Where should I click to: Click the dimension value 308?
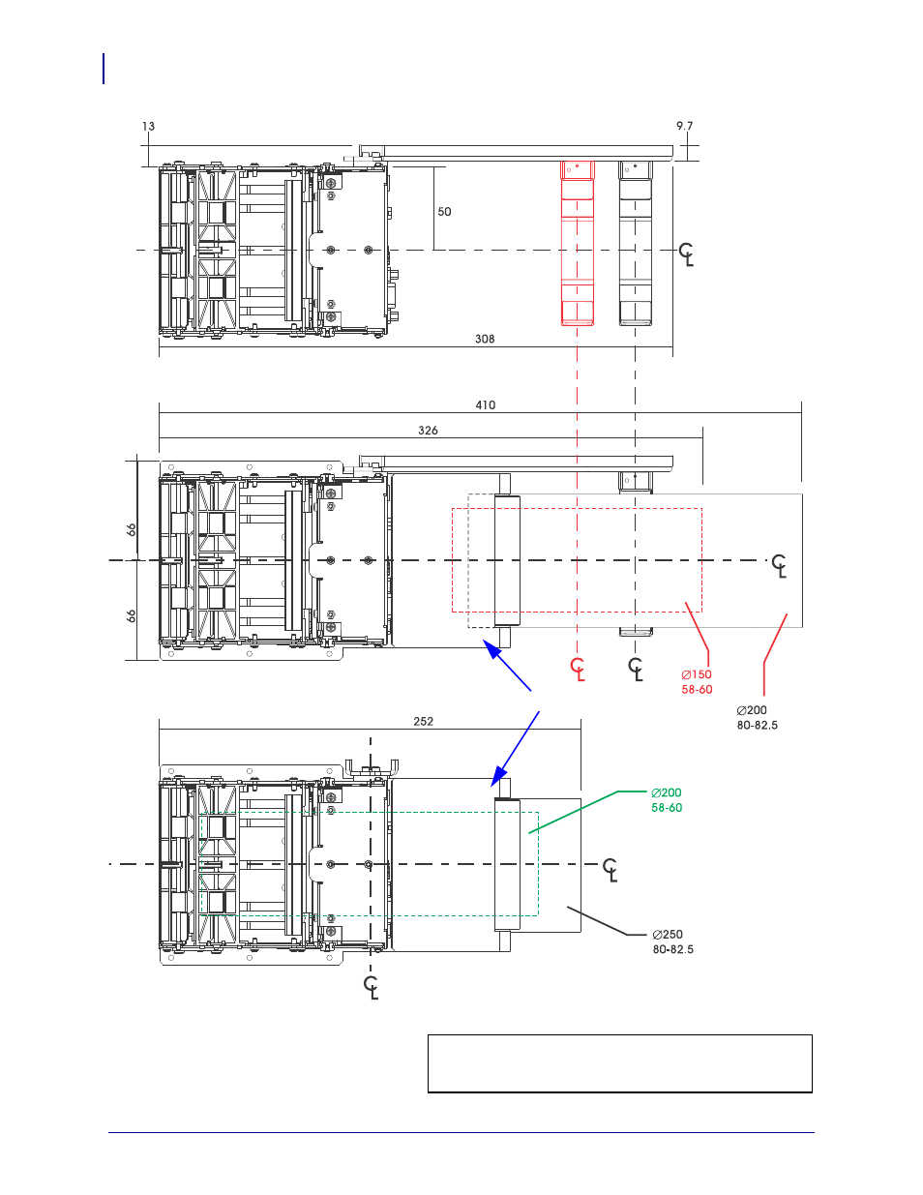click(x=485, y=339)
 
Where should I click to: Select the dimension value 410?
click(x=485, y=405)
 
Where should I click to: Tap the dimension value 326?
click(x=428, y=431)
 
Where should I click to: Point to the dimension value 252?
click(x=424, y=722)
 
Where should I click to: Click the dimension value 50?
click(x=444, y=212)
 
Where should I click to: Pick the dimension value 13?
click(x=148, y=127)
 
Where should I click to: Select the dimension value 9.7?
click(x=684, y=126)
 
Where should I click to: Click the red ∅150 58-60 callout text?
click(x=697, y=682)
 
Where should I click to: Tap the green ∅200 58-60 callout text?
click(x=667, y=800)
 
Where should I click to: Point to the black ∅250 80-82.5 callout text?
click(x=672, y=942)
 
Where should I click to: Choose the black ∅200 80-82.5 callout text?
click(x=757, y=718)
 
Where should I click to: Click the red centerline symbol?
click(x=578, y=670)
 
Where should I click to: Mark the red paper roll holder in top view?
click(x=578, y=243)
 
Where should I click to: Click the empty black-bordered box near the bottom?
click(x=619, y=1063)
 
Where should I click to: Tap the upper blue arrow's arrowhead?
click(x=491, y=649)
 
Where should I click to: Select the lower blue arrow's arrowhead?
click(x=498, y=776)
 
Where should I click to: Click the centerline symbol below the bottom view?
click(x=372, y=988)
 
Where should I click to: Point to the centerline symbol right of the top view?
click(x=686, y=254)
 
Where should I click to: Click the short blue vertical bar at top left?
click(x=104, y=69)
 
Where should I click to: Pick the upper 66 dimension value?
click(x=131, y=529)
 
